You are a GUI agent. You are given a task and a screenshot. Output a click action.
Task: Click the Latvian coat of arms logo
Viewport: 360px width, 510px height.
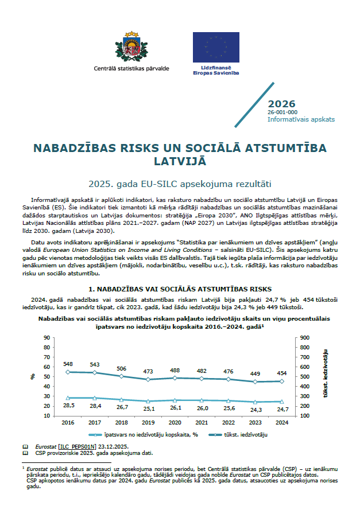(131, 46)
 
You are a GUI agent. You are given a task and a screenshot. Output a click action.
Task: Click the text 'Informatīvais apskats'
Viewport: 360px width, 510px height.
(301, 119)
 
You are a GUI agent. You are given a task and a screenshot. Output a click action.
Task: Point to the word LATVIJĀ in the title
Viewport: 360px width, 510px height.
(180, 162)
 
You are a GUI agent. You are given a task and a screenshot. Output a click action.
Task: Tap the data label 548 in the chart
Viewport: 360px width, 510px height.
(68, 364)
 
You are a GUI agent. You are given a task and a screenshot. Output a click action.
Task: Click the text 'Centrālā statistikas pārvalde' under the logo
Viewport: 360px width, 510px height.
(131, 68)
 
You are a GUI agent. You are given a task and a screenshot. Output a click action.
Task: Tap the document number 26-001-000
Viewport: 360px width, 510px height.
(282, 112)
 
